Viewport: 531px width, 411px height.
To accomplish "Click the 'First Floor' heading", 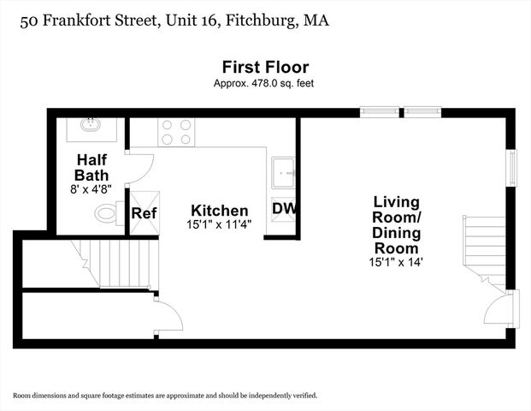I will [265, 67].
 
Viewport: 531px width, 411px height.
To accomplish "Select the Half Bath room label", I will [91, 167].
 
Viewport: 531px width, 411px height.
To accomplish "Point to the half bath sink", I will [89, 125].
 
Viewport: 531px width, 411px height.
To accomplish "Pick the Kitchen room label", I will [220, 211].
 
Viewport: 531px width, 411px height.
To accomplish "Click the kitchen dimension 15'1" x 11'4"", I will [220, 225].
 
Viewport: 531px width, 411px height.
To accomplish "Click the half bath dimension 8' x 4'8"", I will [91, 188].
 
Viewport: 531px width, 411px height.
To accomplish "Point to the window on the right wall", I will [512, 167].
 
